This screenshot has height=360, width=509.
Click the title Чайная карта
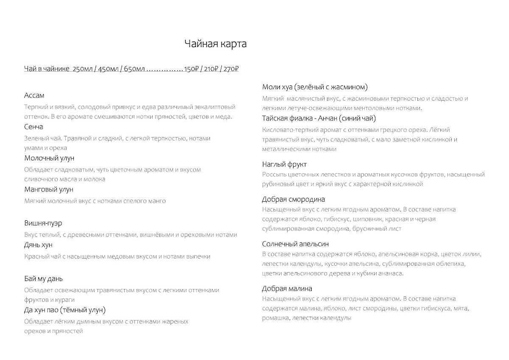215,44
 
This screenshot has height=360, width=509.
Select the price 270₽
231,69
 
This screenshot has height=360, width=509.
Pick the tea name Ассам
34,96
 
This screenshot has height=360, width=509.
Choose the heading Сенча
34,127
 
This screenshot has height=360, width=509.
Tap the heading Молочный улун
49,158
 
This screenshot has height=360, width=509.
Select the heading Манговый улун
49,189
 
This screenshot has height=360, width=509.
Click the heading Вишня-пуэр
44,223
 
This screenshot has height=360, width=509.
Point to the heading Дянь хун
39,245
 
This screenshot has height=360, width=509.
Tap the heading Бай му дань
44,279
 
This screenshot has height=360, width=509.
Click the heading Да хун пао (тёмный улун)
65,310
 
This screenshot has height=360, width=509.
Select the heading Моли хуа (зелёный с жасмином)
315,87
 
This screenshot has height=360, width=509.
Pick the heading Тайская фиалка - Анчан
319,118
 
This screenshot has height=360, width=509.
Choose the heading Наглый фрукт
284,164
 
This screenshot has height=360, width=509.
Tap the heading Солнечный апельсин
295,244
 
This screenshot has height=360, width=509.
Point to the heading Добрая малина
287,289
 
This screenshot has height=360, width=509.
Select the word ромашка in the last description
275,318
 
